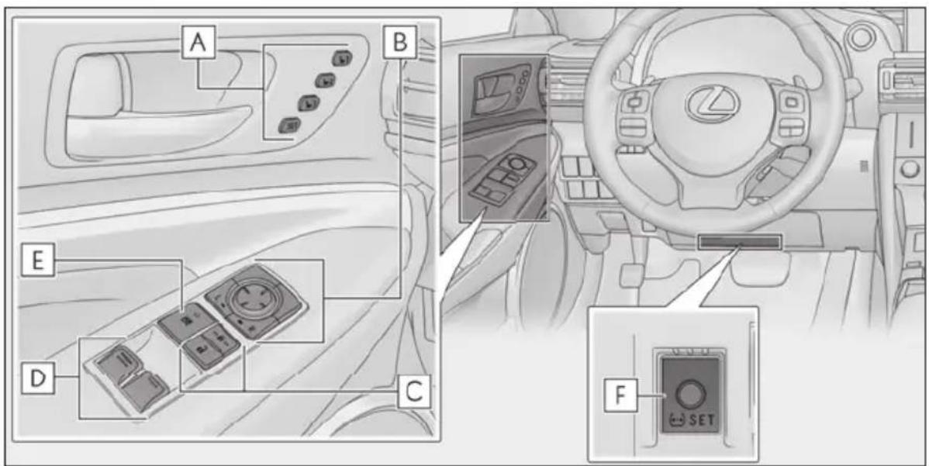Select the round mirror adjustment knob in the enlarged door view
tap(248, 297)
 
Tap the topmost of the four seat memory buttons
tap(342, 59)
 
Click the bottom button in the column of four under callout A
tap(289, 124)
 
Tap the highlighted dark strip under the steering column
tap(740, 242)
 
